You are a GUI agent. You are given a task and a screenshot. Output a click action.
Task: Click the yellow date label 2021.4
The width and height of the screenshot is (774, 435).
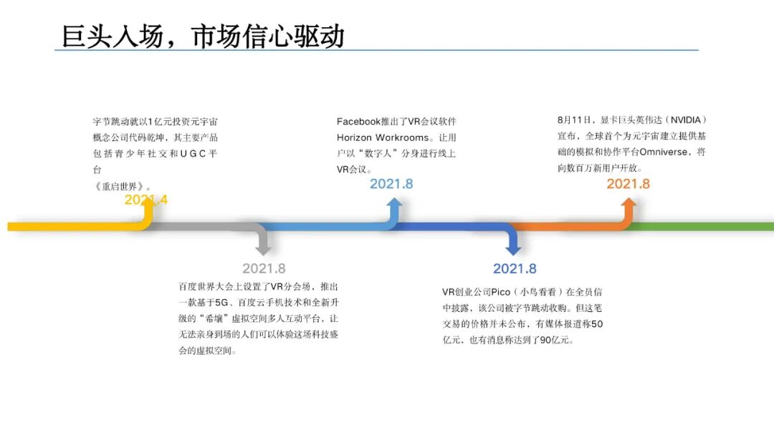click(146, 200)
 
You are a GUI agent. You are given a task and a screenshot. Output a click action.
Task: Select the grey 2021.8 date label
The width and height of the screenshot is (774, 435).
click(264, 269)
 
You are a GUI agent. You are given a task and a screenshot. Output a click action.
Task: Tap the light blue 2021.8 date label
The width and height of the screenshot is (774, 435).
click(391, 184)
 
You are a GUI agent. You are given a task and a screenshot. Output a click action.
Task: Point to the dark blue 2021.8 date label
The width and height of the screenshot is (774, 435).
click(515, 269)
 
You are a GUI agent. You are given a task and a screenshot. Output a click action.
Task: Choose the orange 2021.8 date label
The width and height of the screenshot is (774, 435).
click(629, 184)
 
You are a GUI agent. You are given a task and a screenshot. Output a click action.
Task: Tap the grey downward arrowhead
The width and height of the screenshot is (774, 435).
click(264, 249)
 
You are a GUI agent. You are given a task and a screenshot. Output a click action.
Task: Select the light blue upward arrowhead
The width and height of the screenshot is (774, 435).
click(394, 205)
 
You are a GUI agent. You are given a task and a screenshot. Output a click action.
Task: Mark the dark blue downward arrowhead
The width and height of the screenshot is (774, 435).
click(514, 249)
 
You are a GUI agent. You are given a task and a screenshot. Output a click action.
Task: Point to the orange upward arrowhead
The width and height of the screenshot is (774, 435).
click(629, 205)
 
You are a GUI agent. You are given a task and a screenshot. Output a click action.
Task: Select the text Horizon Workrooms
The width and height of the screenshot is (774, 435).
click(383, 137)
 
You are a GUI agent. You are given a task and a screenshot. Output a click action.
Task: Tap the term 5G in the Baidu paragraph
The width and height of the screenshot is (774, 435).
click(221, 303)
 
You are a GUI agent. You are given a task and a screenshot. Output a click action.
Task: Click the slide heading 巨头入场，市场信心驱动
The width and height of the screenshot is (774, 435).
click(203, 36)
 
